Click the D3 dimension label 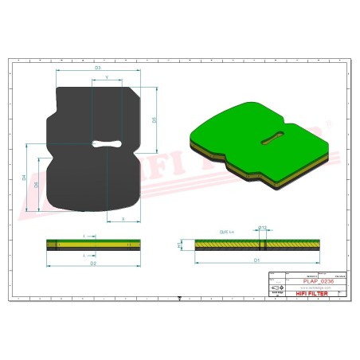pyautogui.click(x=97, y=68)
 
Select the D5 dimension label pyautogui.click(x=154, y=119)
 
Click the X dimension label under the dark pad pyautogui.click(x=122, y=217)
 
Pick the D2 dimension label pyautogui.click(x=93, y=261)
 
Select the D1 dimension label pyautogui.click(x=256, y=260)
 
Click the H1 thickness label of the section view pyautogui.click(x=178, y=245)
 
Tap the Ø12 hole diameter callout pyautogui.click(x=261, y=228)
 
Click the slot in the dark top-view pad pyautogui.click(x=107, y=144)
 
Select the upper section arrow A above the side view pyautogui.click(x=85, y=236)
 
